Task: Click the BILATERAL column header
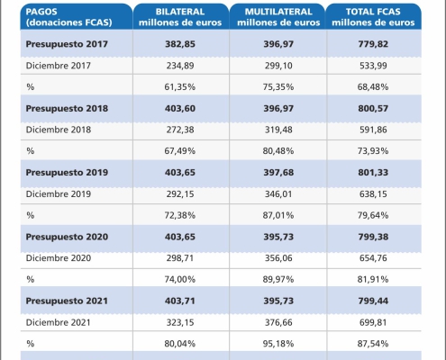click(180, 17)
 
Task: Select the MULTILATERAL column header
click(278, 17)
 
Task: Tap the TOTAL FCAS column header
click(373, 17)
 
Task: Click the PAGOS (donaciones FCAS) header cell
click(68, 17)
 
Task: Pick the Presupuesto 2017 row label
click(67, 44)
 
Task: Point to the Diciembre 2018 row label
click(59, 130)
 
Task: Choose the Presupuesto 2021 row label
click(67, 301)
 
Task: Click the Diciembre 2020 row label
click(59, 258)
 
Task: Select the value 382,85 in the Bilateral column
click(180, 44)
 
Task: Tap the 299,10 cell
click(278, 66)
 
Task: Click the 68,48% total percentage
click(373, 86)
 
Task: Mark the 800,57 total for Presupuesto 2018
click(373, 108)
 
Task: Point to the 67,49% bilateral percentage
click(180, 150)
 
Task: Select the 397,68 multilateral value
click(278, 173)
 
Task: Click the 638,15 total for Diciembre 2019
click(373, 193)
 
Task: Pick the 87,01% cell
click(278, 215)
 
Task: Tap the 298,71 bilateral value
click(180, 258)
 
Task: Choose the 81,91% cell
click(373, 279)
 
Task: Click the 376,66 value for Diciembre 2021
click(278, 322)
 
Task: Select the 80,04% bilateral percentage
click(180, 344)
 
